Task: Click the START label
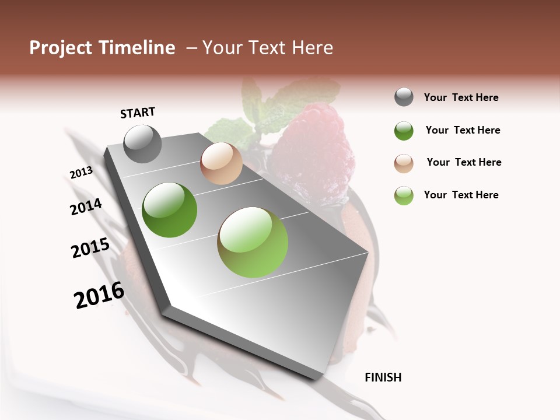point(138,112)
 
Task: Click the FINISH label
point(383,377)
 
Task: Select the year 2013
point(81,173)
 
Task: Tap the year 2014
point(86,206)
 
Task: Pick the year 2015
point(90,249)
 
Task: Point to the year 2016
point(99,295)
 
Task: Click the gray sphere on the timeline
point(142,143)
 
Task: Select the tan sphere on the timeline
point(221,163)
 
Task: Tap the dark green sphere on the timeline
point(169,210)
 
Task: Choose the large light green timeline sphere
point(253,242)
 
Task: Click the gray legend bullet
point(404,97)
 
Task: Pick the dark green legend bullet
point(404,131)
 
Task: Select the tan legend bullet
point(404,163)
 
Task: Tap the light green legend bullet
point(404,195)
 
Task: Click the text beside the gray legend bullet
point(461,97)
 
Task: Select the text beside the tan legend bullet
point(464,162)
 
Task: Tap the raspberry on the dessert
point(312,146)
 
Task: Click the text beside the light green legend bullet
point(461,195)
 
